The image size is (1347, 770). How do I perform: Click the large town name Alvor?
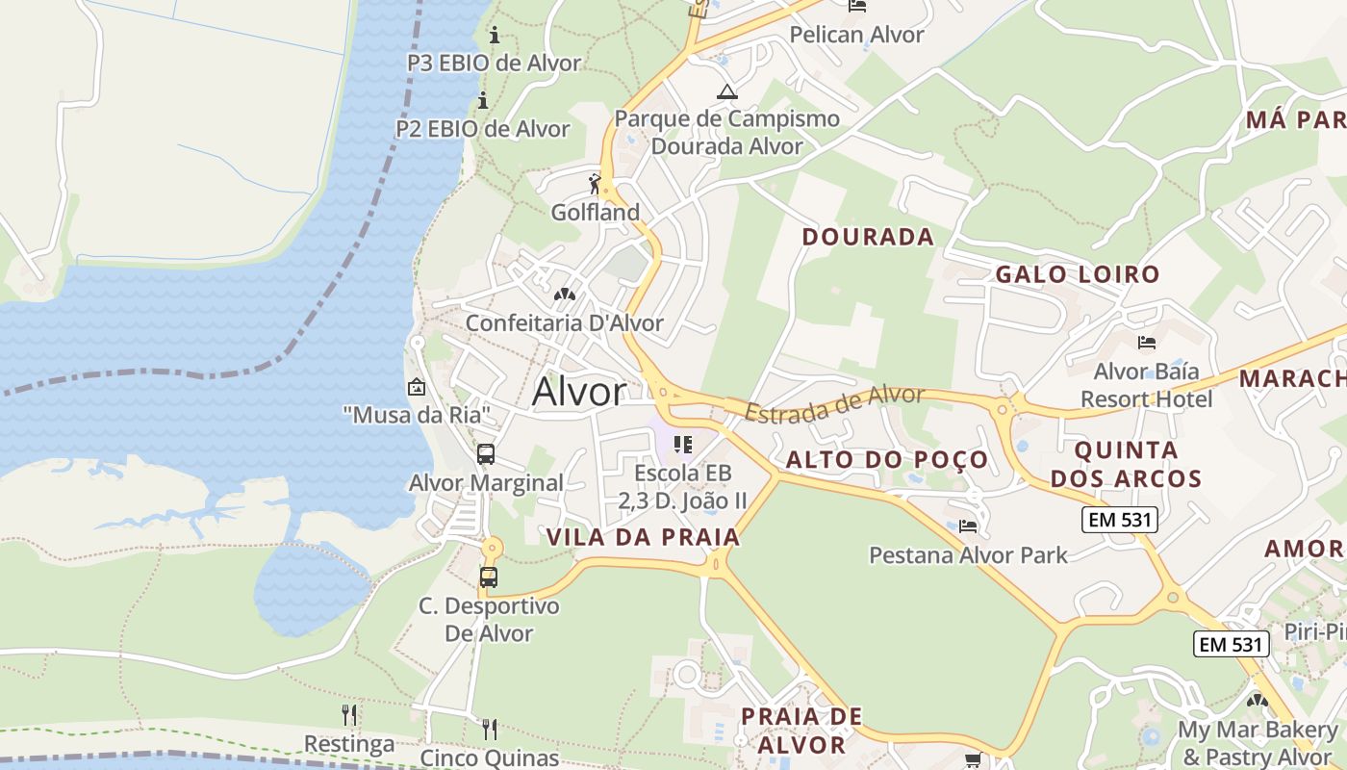click(x=579, y=392)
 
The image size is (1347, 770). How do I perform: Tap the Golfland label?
click(x=596, y=213)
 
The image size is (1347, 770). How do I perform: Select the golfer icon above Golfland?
click(x=596, y=183)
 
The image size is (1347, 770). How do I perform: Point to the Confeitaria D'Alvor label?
click(x=565, y=322)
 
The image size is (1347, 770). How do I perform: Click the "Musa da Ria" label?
click(x=418, y=415)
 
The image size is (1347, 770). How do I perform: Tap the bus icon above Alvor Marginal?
click(x=486, y=454)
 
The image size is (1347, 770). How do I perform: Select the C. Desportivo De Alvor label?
click(x=489, y=620)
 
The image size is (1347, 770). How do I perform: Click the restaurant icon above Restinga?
click(x=349, y=715)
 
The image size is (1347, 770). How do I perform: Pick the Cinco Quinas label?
click(x=490, y=757)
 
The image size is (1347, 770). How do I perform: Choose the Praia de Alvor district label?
click(x=801, y=731)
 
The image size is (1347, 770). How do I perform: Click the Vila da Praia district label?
click(x=644, y=537)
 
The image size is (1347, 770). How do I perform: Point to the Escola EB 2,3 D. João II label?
click(x=682, y=486)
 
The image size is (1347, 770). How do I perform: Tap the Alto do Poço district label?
click(x=887, y=459)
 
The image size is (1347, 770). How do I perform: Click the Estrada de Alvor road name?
click(x=834, y=403)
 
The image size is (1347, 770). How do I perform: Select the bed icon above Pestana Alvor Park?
click(x=968, y=526)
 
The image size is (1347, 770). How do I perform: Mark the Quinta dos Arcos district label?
click(x=1126, y=464)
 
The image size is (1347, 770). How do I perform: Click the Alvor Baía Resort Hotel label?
click(x=1147, y=384)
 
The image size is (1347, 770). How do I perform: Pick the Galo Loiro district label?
click(x=1078, y=274)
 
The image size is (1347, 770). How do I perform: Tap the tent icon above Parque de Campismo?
click(x=726, y=92)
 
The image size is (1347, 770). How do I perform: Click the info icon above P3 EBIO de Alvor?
click(x=495, y=36)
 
